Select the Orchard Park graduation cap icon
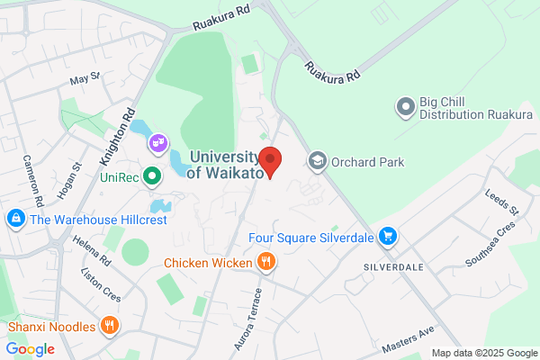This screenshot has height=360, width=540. coord(317,162)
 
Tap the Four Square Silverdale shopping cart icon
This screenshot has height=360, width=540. coord(388,236)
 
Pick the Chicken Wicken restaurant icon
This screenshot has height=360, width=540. coord(265,263)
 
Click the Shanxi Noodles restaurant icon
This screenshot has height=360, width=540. coord(110,325)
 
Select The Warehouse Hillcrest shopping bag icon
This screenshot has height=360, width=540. coord(15,219)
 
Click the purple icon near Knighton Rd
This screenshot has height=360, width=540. coord(158,142)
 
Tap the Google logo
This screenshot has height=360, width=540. coord(30,348)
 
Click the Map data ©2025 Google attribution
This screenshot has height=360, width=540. coord(483,352)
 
